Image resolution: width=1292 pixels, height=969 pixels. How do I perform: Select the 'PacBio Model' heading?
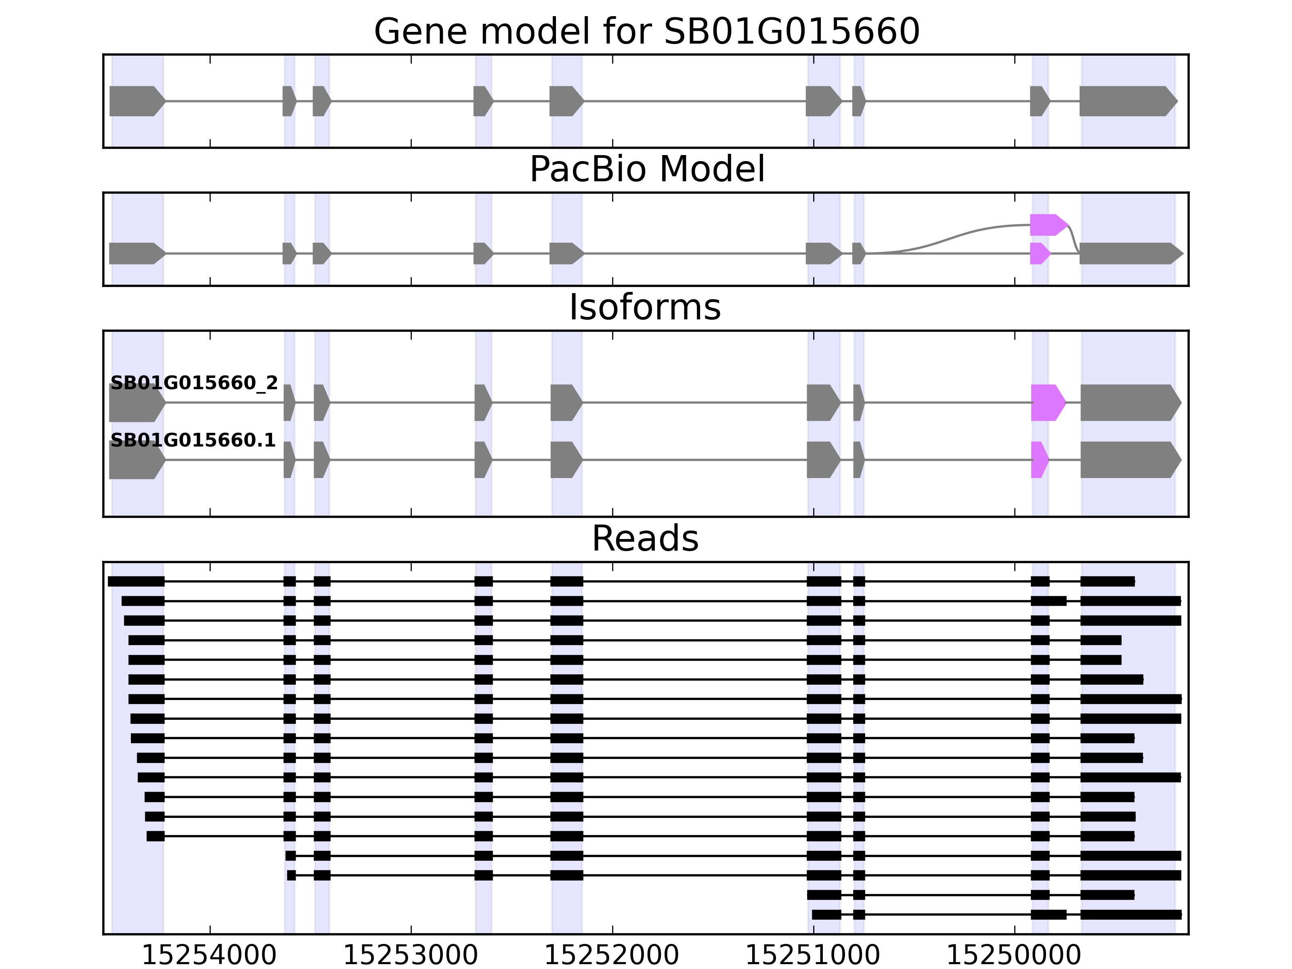[x=646, y=170]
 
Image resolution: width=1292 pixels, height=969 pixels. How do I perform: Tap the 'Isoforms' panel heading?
[x=645, y=307]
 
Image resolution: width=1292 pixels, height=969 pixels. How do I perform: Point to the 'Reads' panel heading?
[x=645, y=539]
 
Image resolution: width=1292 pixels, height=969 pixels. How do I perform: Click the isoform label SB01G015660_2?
[x=194, y=383]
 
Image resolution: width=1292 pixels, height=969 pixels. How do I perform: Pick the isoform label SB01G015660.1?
[x=193, y=440]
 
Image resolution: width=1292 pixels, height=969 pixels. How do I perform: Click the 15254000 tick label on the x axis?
[x=209, y=956]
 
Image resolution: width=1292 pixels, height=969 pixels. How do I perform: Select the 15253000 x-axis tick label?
[x=411, y=956]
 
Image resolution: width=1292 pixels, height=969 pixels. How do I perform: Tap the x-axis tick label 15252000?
[x=612, y=956]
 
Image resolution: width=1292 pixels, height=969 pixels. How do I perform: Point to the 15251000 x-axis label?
[x=813, y=956]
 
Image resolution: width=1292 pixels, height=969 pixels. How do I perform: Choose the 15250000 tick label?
[x=1014, y=956]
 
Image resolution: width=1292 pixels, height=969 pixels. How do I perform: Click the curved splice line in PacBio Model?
[x=958, y=235]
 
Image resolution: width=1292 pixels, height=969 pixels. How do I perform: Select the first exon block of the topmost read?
[x=136, y=581]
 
